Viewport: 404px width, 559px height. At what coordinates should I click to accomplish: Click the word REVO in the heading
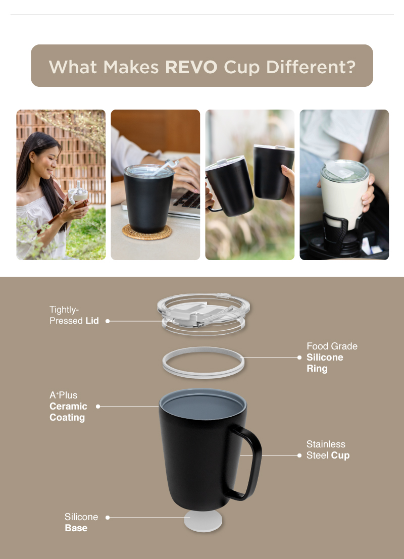[x=191, y=67]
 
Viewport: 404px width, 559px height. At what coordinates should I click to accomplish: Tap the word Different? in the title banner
[x=311, y=67]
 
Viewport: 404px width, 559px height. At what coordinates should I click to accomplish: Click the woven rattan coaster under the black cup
[x=146, y=232]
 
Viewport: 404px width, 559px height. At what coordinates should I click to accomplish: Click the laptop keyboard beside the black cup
[x=187, y=199]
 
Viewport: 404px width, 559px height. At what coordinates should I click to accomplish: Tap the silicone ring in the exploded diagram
[x=203, y=362]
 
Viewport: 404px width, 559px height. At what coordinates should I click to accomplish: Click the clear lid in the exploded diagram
[x=203, y=314]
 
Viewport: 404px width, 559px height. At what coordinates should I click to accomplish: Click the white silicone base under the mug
[x=203, y=521]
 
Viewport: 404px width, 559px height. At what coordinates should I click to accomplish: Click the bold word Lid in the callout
[x=92, y=321]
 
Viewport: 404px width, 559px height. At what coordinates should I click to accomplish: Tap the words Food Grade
[x=332, y=346]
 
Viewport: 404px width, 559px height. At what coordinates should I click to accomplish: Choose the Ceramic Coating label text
[x=68, y=412]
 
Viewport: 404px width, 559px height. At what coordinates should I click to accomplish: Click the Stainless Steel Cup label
[x=328, y=449]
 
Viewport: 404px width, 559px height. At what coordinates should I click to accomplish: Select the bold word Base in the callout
[x=76, y=528]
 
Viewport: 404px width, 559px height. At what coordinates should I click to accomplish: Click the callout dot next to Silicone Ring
[x=299, y=358]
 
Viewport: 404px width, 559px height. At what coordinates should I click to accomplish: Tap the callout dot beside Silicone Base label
[x=108, y=517]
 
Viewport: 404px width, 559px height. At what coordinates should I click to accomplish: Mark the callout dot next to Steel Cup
[x=299, y=455]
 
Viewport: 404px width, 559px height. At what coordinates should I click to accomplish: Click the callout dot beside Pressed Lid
[x=108, y=321]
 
